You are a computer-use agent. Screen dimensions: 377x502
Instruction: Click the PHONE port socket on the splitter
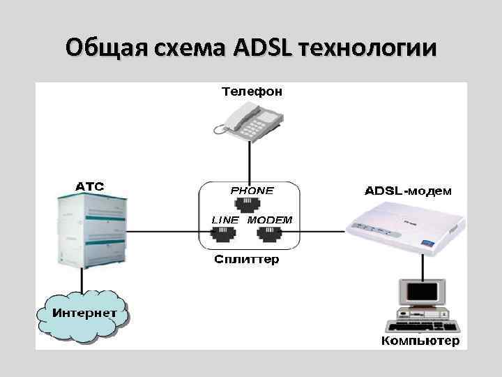[250, 205]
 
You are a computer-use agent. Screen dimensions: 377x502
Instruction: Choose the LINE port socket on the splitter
[224, 236]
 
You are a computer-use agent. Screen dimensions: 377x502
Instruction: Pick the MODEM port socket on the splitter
[270, 236]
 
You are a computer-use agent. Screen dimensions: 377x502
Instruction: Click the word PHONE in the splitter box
[252, 190]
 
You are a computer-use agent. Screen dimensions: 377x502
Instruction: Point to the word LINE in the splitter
[225, 220]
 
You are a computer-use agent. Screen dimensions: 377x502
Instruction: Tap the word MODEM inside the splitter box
[270, 220]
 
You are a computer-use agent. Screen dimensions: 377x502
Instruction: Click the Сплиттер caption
[246, 260]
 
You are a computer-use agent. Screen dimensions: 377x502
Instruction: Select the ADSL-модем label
[407, 191]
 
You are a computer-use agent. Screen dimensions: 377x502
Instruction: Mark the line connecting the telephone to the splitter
[249, 159]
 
